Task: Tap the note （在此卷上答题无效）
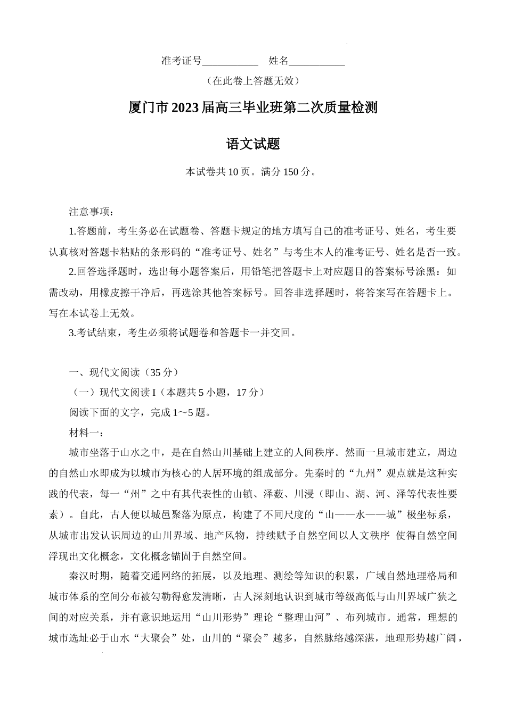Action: [252, 81]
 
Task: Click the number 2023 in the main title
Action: [185, 108]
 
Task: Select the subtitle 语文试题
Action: [253, 144]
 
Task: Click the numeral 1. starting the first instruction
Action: [72, 231]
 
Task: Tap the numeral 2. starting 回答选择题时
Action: [72, 272]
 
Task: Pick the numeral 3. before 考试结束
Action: [72, 333]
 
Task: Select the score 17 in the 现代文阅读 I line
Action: [241, 393]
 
